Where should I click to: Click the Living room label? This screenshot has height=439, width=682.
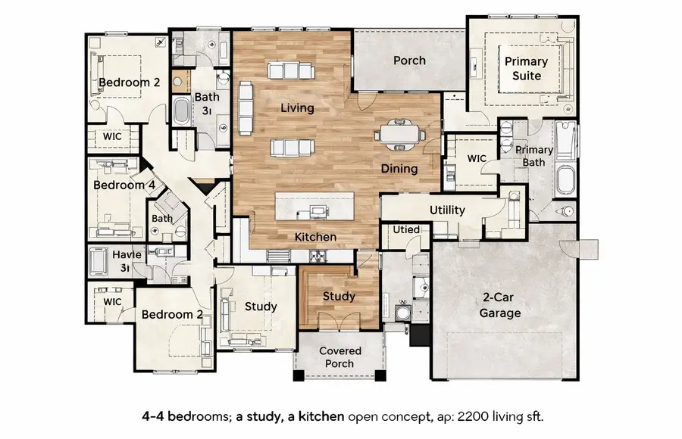click(x=297, y=108)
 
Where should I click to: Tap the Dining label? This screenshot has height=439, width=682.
click(x=399, y=169)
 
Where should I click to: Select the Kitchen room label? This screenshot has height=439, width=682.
click(x=315, y=237)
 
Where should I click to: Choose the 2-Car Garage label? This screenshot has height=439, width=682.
click(x=499, y=305)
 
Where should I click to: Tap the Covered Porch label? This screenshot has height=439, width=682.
click(x=340, y=357)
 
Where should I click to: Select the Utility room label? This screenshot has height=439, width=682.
click(x=447, y=210)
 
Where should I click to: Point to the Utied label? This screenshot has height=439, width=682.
click(x=406, y=229)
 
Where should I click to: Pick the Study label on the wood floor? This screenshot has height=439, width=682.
click(x=339, y=296)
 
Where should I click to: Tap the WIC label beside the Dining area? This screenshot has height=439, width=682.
click(x=477, y=159)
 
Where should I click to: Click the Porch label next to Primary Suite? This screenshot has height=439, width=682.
click(x=409, y=61)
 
